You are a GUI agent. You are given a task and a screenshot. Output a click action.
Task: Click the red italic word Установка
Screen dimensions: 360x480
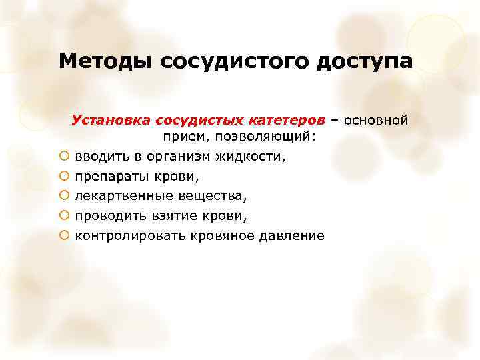(111, 121)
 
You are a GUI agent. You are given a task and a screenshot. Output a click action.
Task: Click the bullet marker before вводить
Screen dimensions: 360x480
(63, 157)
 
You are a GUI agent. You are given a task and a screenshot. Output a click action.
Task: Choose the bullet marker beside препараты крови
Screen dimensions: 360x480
(63, 177)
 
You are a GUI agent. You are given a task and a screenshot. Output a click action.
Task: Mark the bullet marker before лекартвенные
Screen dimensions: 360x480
(63, 197)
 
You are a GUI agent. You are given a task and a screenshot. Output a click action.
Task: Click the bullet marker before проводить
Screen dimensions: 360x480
(63, 216)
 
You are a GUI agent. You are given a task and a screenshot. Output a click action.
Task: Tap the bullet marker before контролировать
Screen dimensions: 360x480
(63, 236)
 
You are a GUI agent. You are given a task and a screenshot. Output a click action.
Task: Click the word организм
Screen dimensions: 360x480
(190, 157)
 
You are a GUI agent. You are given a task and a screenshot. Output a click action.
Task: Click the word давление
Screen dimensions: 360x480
(293, 236)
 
